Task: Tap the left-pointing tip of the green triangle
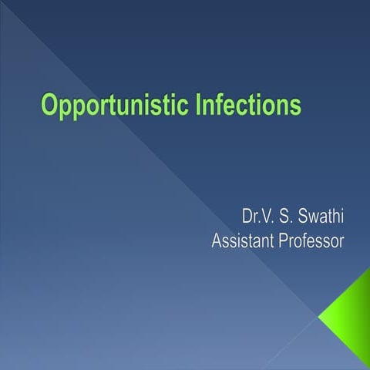point(320,314)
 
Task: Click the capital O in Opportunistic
point(51,104)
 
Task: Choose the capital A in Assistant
point(217,241)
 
